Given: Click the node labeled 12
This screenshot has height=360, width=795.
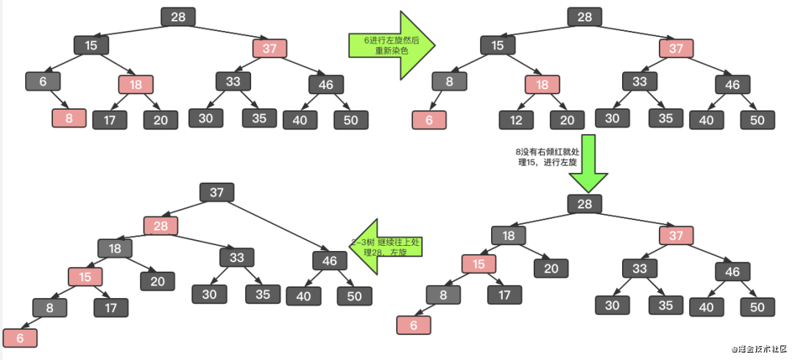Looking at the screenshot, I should point(515,119).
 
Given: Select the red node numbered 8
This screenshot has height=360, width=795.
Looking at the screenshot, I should point(68,118).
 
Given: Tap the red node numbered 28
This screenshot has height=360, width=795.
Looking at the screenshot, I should point(160,225).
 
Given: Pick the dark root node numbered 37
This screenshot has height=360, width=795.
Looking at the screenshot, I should point(216,192).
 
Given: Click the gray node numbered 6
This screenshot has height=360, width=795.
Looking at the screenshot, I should point(43,81).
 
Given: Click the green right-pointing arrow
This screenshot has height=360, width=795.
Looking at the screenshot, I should point(392,45).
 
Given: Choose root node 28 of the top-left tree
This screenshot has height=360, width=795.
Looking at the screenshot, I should point(177,17).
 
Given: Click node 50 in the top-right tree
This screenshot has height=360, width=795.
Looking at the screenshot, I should point(757,119).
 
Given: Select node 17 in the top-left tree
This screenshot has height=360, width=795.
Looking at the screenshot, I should point(110,119).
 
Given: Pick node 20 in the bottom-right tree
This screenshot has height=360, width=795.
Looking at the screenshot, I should point(551,269).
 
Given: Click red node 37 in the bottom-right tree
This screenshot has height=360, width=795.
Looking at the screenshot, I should point(676,235).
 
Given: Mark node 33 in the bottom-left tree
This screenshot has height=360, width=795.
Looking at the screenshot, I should point(236,258).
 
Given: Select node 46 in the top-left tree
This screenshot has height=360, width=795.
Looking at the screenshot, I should point(325,84).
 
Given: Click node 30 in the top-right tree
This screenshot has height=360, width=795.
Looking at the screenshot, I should point(612,118).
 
